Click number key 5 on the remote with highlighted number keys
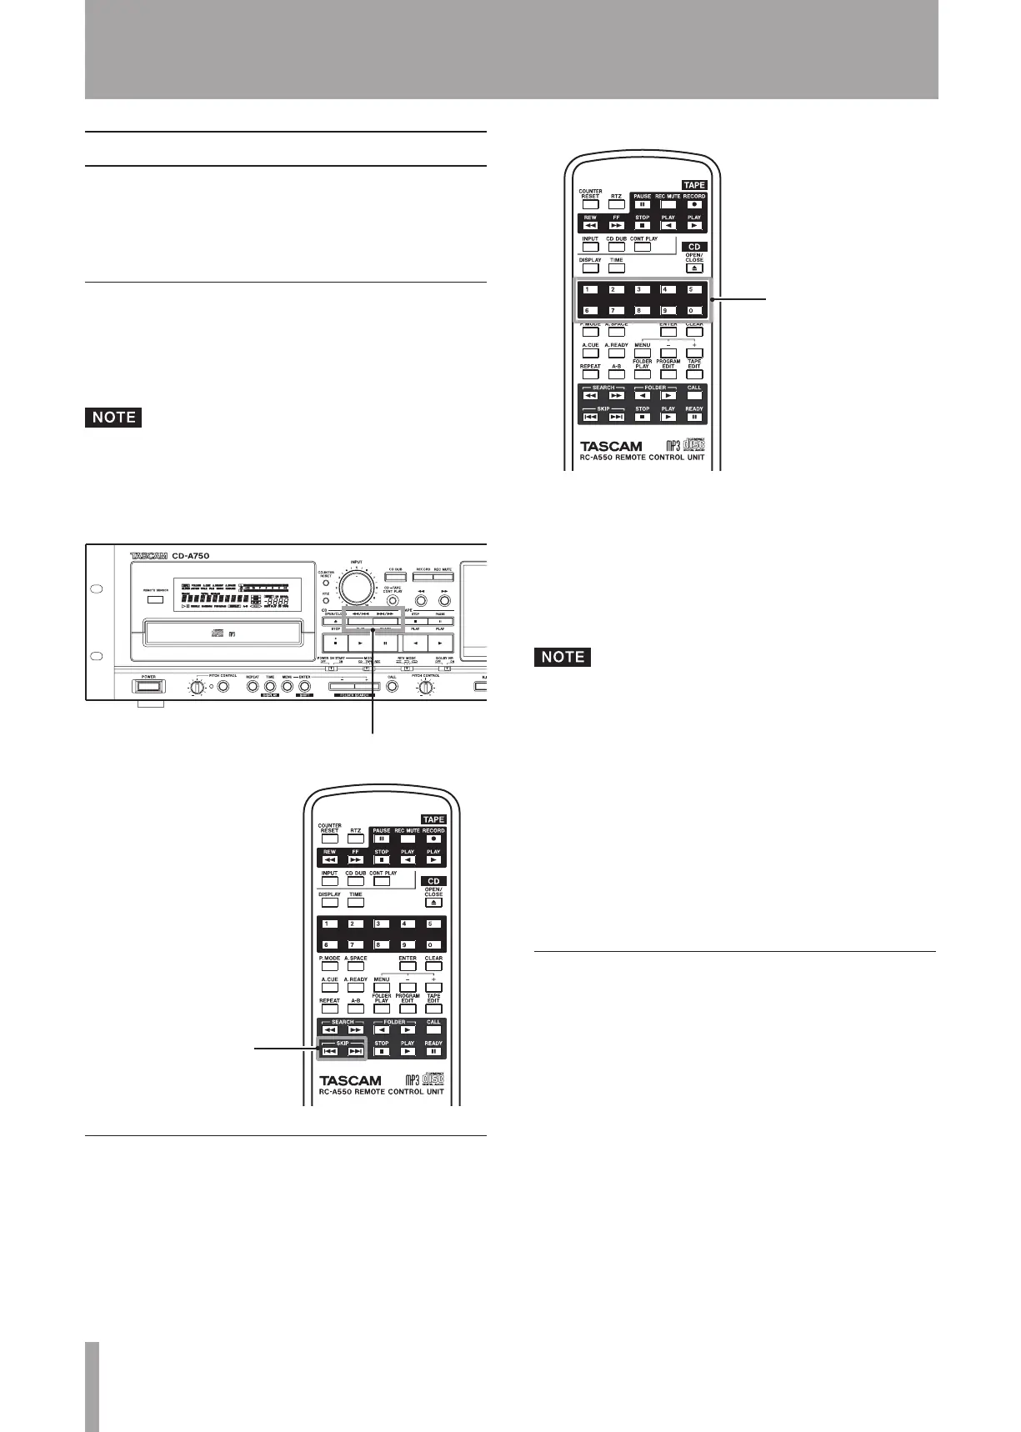[x=693, y=290]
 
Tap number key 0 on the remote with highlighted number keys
[x=693, y=311]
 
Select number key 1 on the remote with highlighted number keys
[x=590, y=290]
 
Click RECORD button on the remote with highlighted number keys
[x=694, y=204]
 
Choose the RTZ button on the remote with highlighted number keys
[x=616, y=204]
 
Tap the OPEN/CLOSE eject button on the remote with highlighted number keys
[x=694, y=268]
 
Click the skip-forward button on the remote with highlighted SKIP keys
[x=356, y=1051]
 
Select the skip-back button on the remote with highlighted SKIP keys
[x=330, y=1051]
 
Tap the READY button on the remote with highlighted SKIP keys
[x=433, y=1051]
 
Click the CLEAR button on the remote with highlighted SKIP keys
[x=433, y=966]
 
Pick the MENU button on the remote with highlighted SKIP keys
[x=382, y=987]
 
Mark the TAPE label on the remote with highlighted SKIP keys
[x=433, y=819]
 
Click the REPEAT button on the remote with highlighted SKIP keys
[x=330, y=1009]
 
